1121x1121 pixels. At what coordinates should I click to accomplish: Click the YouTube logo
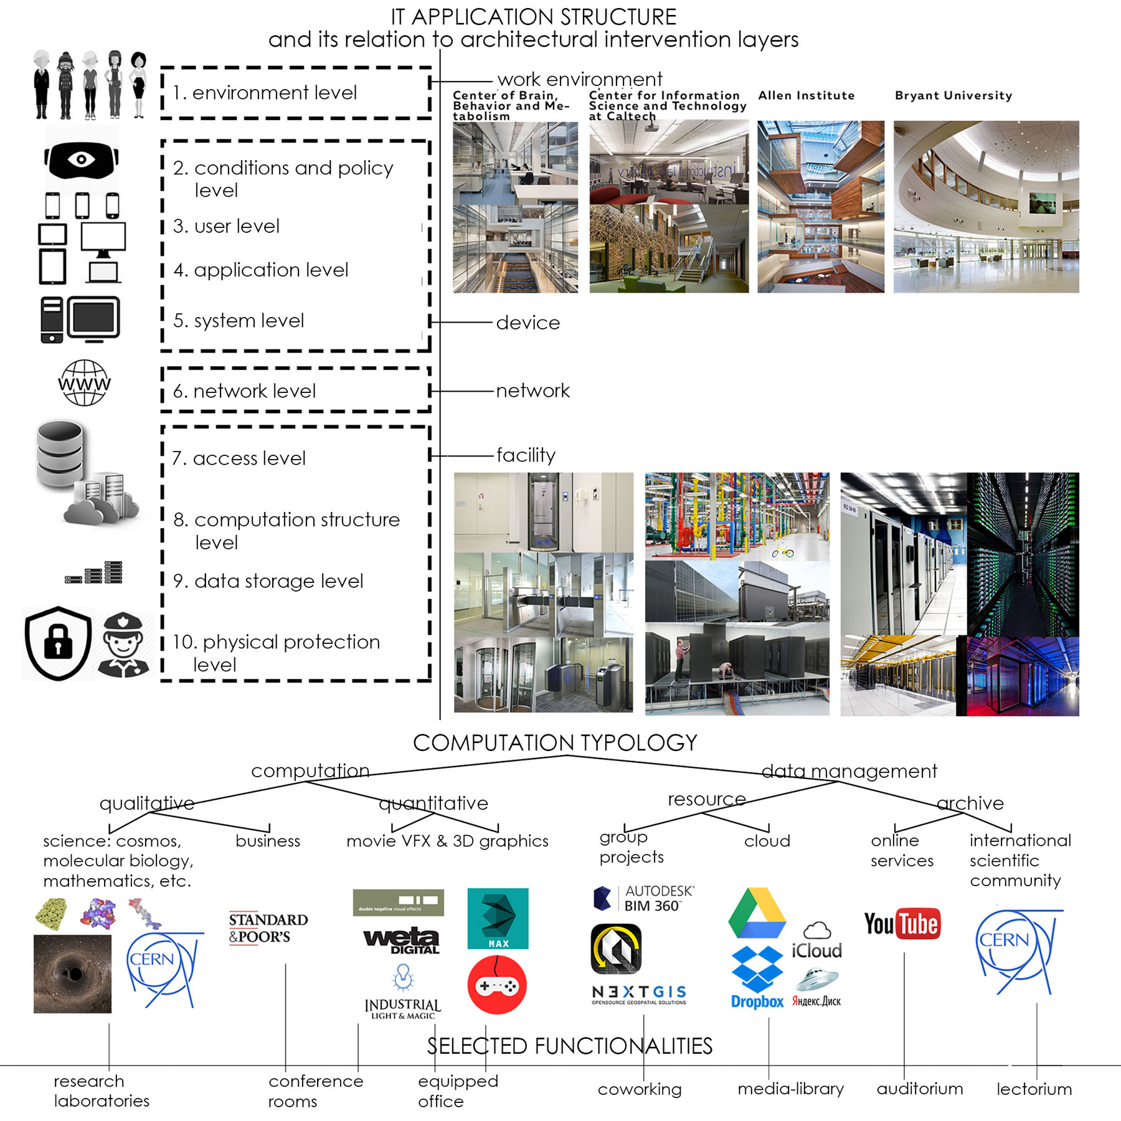pos(902,924)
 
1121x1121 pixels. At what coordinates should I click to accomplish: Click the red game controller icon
pos(497,985)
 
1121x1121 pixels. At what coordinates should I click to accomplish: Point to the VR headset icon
pos(81,159)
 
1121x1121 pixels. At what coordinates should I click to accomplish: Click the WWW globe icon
pos(85,382)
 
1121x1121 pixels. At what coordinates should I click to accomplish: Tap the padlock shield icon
pos(59,643)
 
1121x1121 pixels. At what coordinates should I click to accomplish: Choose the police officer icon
pos(123,645)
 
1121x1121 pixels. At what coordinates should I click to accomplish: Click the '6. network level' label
pos(244,391)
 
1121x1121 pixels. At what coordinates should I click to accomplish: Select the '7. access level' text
pos(239,458)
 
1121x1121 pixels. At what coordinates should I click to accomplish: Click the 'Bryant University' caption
pos(953,95)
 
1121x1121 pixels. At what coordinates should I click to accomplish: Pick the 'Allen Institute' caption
pos(806,95)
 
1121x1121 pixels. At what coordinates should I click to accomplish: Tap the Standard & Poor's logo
pos(268,928)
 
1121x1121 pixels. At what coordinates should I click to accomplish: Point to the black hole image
pos(72,973)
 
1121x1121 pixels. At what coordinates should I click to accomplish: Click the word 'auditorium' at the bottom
pos(920,1089)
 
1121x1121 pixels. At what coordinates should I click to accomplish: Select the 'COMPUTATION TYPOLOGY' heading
pos(555,742)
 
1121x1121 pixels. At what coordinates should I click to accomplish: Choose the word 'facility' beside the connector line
pos(526,455)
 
